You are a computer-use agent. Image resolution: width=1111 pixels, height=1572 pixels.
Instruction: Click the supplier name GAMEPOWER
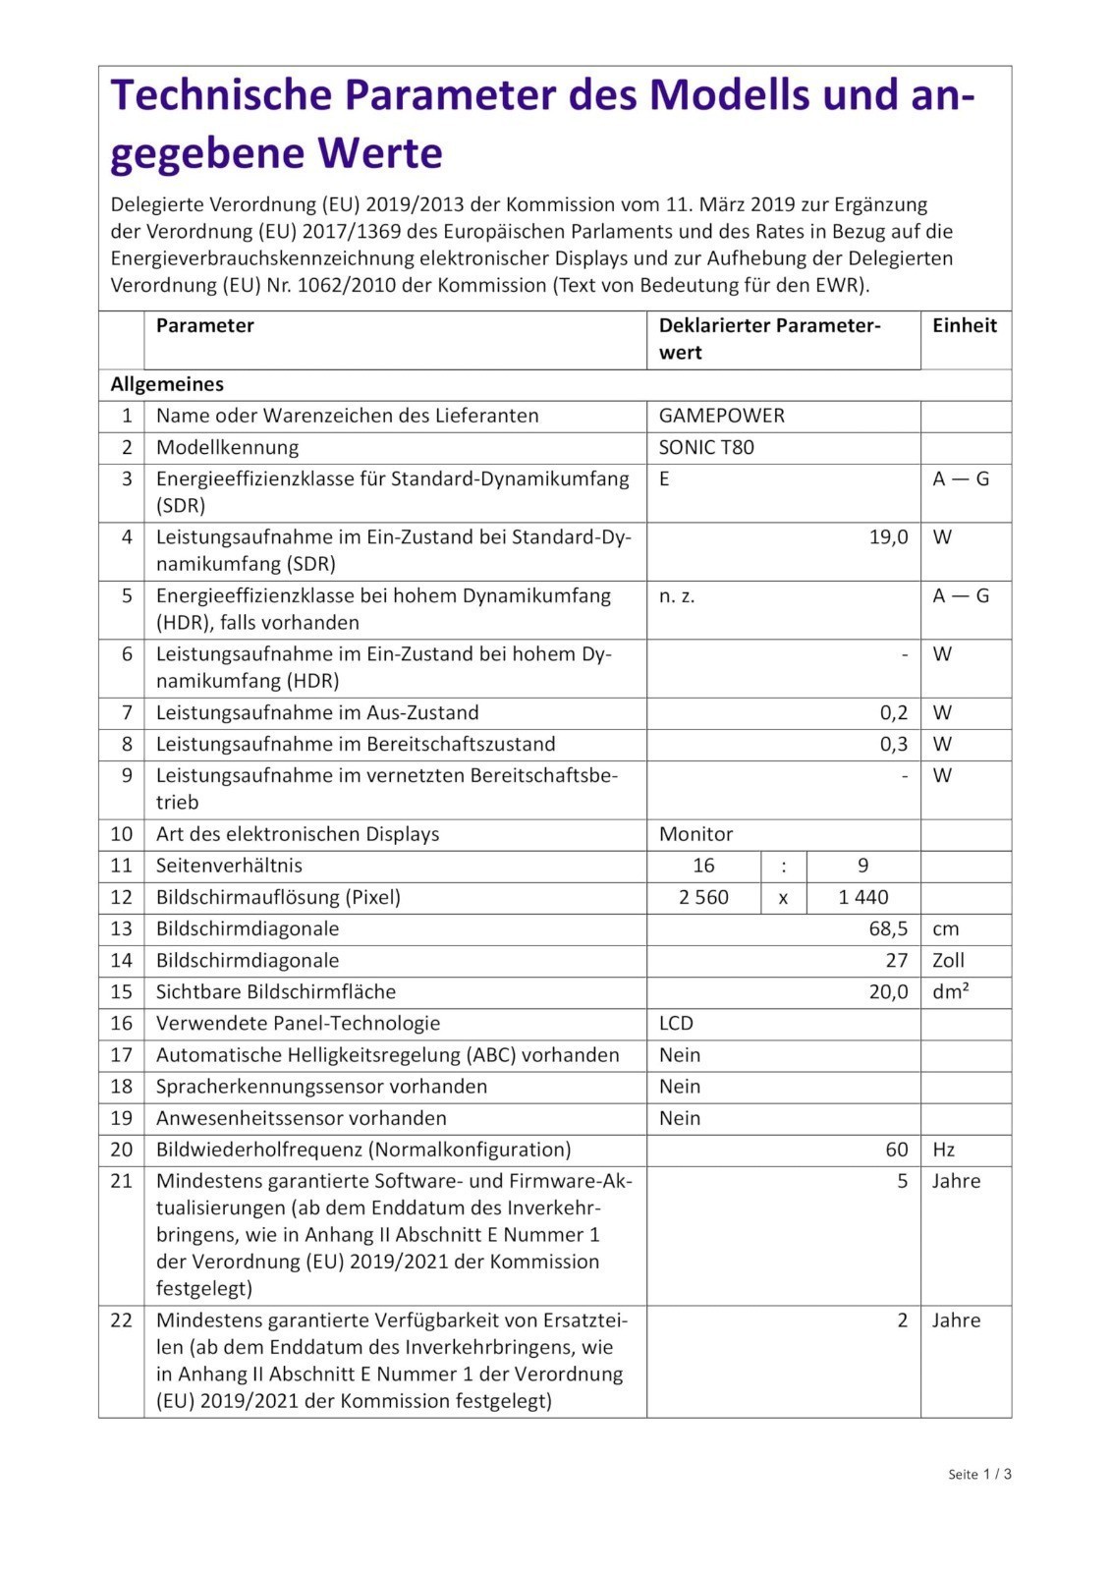(721, 416)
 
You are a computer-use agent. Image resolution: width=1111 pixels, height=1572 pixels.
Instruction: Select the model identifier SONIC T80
(706, 447)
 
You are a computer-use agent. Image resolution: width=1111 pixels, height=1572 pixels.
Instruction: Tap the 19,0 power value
(888, 537)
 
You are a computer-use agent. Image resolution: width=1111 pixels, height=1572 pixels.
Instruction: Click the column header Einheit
(964, 325)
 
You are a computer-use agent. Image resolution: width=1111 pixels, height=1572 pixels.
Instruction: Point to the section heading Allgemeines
(167, 384)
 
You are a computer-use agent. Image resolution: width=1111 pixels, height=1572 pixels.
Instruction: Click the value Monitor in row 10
(695, 834)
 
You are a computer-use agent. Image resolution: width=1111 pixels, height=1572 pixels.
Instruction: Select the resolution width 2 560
(703, 897)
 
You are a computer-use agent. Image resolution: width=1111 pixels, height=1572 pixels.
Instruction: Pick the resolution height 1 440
(863, 897)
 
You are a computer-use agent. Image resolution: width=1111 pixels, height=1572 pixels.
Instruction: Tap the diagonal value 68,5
(888, 928)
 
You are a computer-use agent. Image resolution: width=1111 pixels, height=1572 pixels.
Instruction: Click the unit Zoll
(948, 960)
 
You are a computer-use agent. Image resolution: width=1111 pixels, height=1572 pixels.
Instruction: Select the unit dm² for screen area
(950, 991)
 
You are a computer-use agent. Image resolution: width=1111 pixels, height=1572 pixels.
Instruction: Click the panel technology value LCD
(676, 1023)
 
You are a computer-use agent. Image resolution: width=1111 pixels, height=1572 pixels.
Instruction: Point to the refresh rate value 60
(896, 1150)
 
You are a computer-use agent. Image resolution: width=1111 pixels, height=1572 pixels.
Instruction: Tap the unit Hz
(943, 1150)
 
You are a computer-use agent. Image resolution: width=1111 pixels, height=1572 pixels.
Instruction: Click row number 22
(121, 1320)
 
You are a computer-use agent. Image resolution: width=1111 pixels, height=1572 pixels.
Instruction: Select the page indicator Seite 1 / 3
(979, 1474)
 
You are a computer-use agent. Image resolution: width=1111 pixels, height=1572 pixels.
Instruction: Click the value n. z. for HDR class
(677, 595)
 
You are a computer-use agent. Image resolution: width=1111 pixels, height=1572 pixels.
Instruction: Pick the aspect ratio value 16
(703, 866)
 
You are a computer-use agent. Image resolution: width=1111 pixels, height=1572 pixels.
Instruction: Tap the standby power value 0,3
(894, 744)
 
